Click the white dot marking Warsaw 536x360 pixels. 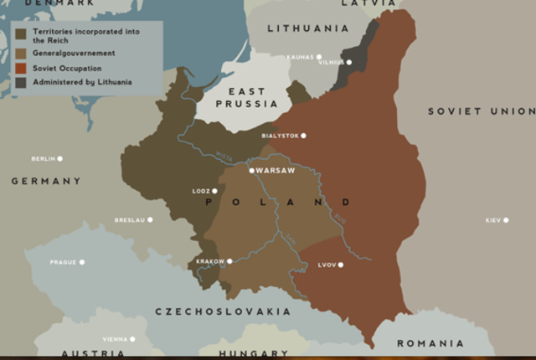(251, 170)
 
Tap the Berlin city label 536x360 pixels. (42, 158)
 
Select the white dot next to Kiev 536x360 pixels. (506, 220)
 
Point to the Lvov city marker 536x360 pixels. (341, 265)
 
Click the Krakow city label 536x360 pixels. (210, 261)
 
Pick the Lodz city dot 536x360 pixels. (214, 191)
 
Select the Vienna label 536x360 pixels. (114, 339)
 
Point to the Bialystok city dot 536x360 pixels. (303, 136)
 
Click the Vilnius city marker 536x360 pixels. (348, 63)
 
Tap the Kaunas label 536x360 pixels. (299, 57)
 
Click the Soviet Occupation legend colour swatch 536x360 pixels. (20, 68)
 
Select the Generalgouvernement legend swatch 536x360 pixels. (20, 53)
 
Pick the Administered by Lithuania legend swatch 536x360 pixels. (20, 82)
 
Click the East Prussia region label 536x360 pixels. (246, 97)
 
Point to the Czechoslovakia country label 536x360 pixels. (223, 311)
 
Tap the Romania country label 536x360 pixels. (430, 343)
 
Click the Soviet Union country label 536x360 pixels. (481, 111)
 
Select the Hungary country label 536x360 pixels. (253, 354)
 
